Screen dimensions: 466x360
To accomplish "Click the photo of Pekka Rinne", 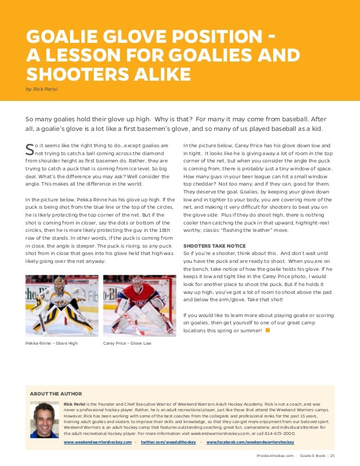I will pyautogui.click(x=62, y=305).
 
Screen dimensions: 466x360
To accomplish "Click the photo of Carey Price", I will pyautogui.click(x=139, y=305).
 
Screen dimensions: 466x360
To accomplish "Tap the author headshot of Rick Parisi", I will pyautogui.click(x=45, y=420).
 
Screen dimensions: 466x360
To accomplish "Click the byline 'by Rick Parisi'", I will pyautogui.click(x=42, y=89).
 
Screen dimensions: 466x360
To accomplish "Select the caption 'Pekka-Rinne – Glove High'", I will pyautogui.click(x=51, y=343).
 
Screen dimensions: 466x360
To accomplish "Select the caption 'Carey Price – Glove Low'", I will pyautogui.click(x=126, y=343).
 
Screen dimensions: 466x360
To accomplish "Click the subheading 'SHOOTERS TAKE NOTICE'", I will pyautogui.click(x=214, y=246).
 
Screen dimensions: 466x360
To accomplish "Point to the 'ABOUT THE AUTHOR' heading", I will pyautogui.click(x=56, y=394).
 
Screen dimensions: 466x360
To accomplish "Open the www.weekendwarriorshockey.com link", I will pyautogui.click(x=98, y=442).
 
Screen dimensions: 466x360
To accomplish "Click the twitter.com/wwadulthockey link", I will pyautogui.click(x=168, y=442).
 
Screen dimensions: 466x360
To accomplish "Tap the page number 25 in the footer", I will pyautogui.click(x=332, y=456).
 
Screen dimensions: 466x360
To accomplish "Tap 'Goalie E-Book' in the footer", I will pyautogui.click(x=313, y=456).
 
